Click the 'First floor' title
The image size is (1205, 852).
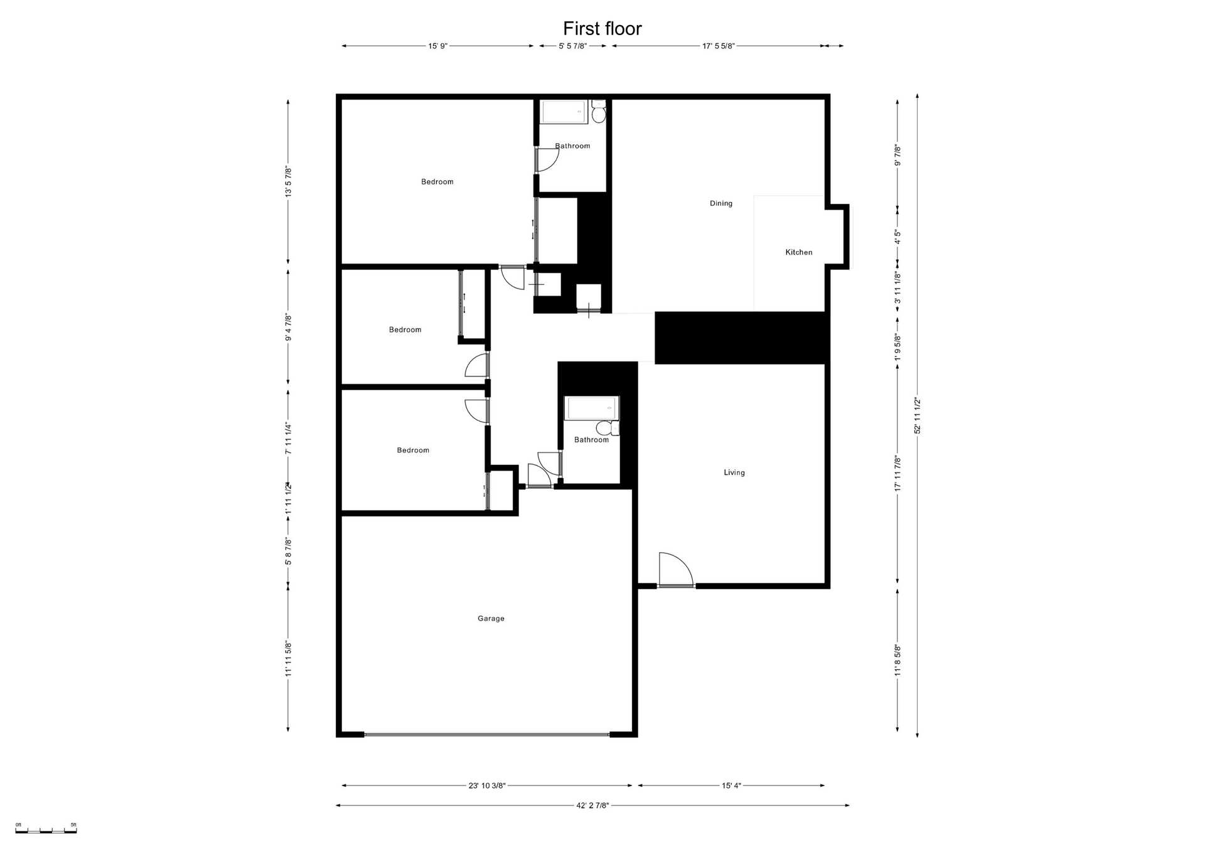(x=602, y=28)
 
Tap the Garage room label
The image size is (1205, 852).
(x=491, y=619)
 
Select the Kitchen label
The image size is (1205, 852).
(x=799, y=252)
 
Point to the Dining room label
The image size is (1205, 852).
(x=721, y=203)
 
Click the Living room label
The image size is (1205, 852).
(x=734, y=472)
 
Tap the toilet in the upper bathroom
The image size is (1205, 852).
(x=598, y=112)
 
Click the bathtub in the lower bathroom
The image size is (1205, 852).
(x=592, y=408)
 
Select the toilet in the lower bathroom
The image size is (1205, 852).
(x=607, y=428)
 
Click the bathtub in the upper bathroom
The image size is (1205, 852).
(x=565, y=112)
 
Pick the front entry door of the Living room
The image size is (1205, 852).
(x=676, y=570)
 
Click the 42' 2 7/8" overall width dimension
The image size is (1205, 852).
(x=592, y=806)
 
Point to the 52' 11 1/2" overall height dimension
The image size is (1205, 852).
(x=918, y=415)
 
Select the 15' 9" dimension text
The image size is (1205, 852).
(x=438, y=46)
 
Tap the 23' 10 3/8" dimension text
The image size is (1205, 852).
(x=487, y=785)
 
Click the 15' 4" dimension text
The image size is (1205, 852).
(x=731, y=785)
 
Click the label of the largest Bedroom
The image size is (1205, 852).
(x=437, y=182)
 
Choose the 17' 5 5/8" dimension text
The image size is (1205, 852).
(x=719, y=46)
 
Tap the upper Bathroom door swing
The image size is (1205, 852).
(x=547, y=159)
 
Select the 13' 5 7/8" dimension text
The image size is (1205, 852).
(x=289, y=182)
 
